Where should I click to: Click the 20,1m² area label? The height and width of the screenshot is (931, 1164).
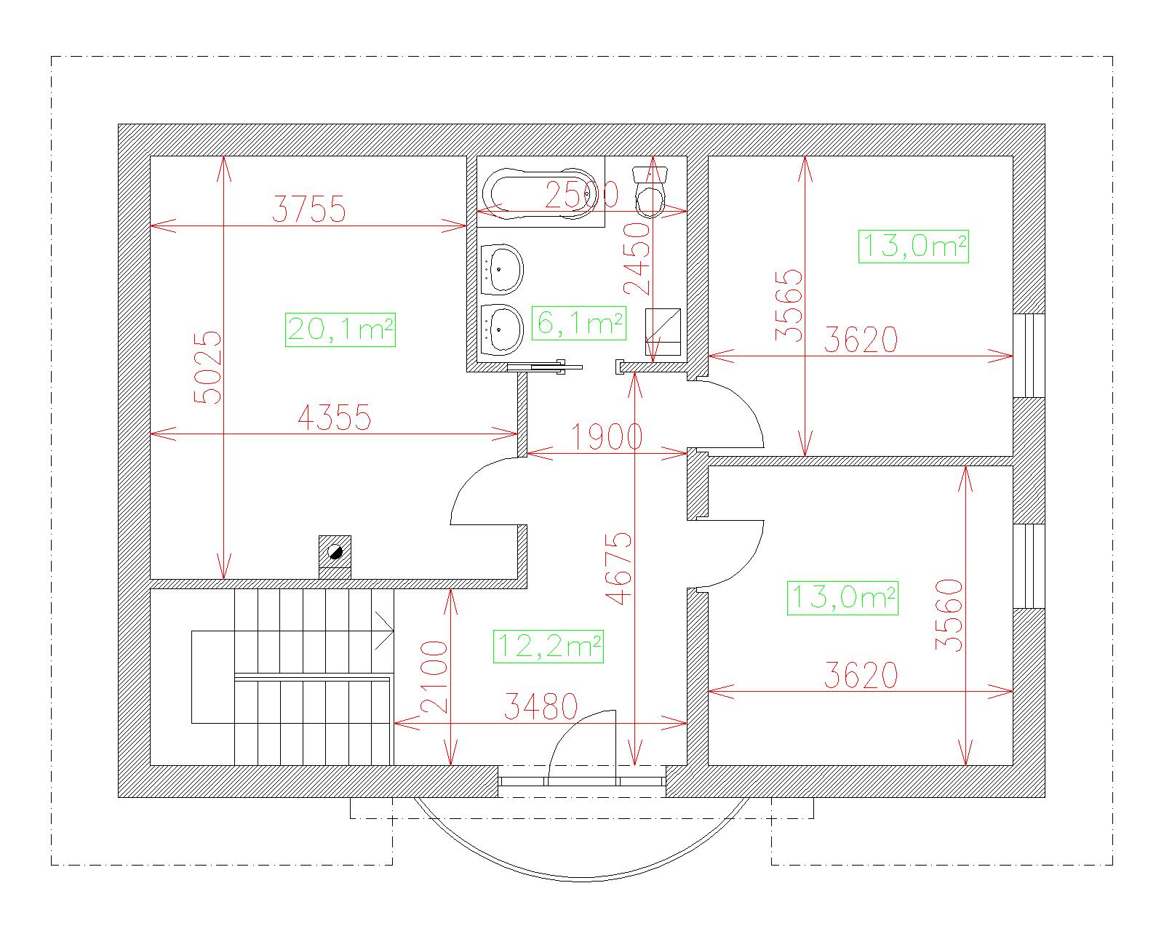tap(340, 329)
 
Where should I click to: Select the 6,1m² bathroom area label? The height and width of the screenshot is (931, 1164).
tap(579, 324)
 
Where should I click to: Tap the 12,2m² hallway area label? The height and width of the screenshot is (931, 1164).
tap(549, 646)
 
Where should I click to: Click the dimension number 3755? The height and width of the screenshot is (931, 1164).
tap(308, 209)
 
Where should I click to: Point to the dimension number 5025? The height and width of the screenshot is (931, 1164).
tap(208, 367)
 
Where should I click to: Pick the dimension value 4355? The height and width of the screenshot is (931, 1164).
tap(334, 417)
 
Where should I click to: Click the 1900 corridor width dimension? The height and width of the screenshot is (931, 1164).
tap(606, 436)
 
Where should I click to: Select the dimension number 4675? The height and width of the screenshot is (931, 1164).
tap(619, 568)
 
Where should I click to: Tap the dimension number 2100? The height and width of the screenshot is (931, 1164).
tap(434, 676)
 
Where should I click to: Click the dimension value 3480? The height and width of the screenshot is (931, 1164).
tap(541, 706)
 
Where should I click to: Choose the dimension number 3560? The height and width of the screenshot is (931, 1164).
tap(949, 615)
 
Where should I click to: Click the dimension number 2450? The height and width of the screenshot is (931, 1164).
tap(637, 259)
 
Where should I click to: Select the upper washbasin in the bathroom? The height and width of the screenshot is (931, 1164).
tap(501, 269)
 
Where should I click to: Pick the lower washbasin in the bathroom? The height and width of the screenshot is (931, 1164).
tap(501, 329)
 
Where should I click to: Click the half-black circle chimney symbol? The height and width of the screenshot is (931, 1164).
tap(335, 552)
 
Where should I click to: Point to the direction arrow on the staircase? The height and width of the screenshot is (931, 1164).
tap(384, 630)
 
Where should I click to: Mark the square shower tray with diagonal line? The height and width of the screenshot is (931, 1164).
tap(663, 332)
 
